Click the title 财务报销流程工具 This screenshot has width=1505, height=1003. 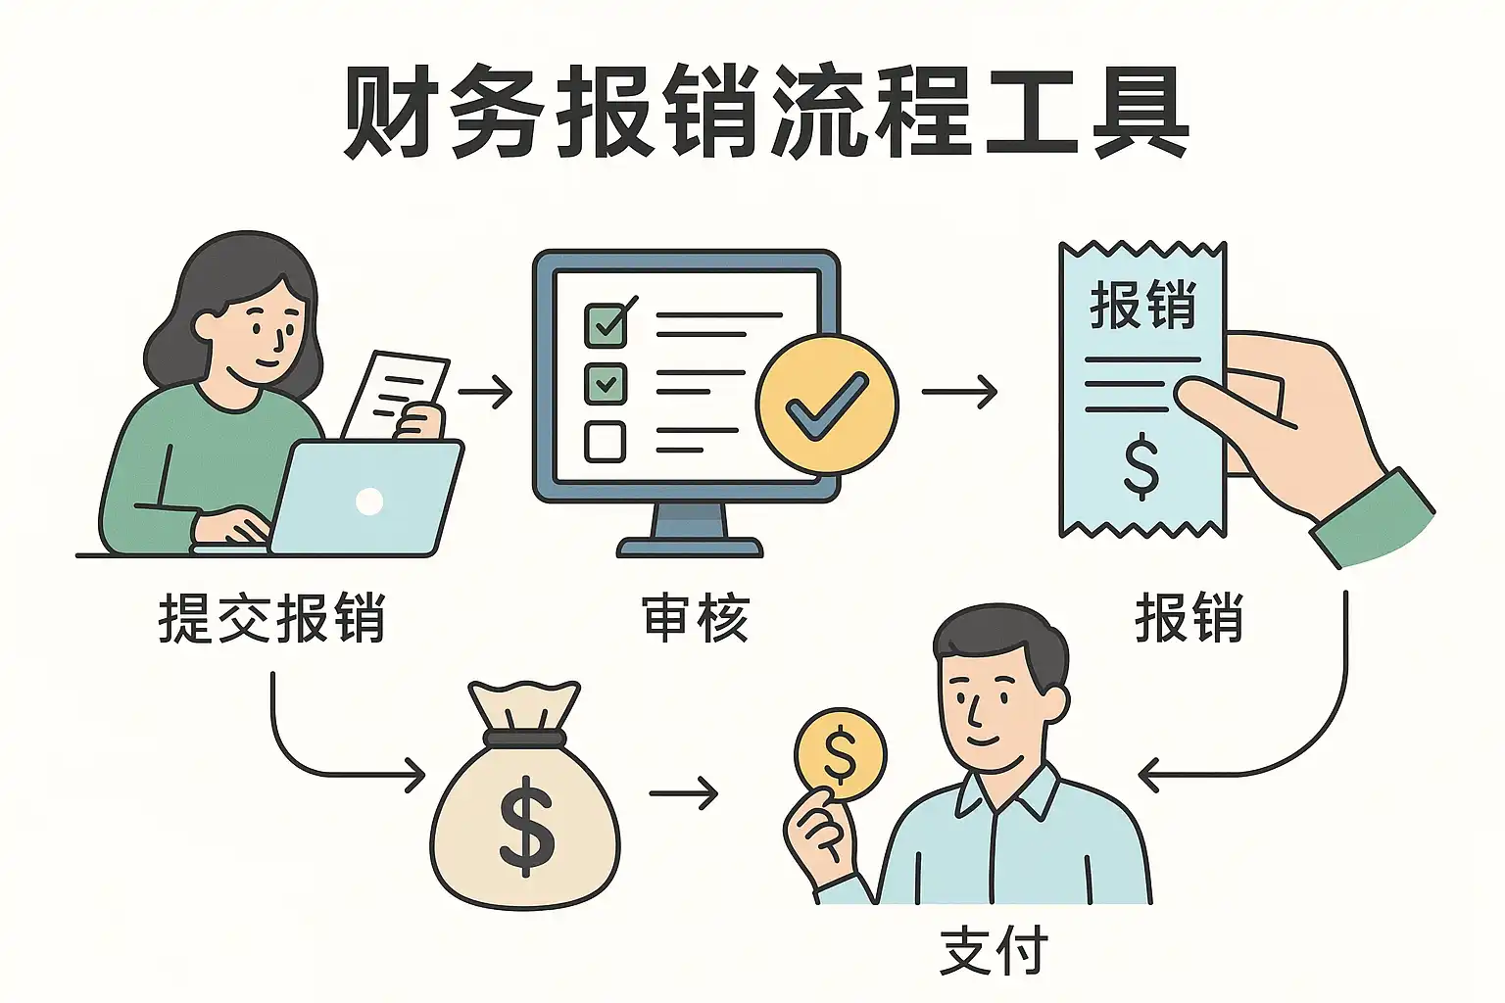pyautogui.click(x=765, y=113)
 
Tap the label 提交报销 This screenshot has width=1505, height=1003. pyautogui.click(x=271, y=619)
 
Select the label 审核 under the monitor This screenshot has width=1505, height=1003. pyautogui.click(x=696, y=619)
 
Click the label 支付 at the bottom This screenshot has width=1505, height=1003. pyautogui.click(x=993, y=951)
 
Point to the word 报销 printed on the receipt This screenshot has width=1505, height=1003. pyautogui.click(x=1142, y=305)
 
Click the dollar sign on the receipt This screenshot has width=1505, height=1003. pyautogui.click(x=1141, y=468)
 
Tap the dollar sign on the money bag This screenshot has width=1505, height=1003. pyautogui.click(x=526, y=825)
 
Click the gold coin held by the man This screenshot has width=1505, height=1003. pyautogui.click(x=841, y=754)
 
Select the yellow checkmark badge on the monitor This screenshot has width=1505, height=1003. pyautogui.click(x=826, y=404)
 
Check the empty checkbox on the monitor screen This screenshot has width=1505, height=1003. pyautogui.click(x=605, y=441)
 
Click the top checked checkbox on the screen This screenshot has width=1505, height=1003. pyautogui.click(x=607, y=323)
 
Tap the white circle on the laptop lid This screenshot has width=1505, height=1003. pyautogui.click(x=369, y=501)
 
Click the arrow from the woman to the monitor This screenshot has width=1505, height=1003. pyautogui.click(x=486, y=393)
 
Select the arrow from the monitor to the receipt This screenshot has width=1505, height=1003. pyautogui.click(x=959, y=393)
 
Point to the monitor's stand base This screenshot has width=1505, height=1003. pyautogui.click(x=689, y=547)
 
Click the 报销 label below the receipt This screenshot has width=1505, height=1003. pyautogui.click(x=1189, y=619)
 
